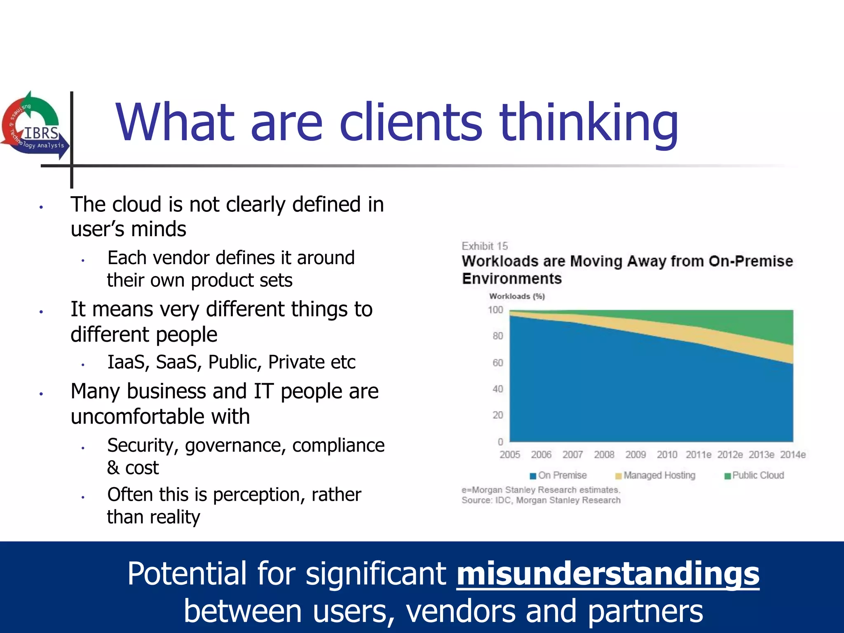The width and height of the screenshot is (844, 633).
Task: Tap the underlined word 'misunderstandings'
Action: pyautogui.click(x=607, y=574)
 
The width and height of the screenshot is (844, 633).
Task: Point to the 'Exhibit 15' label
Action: pyautogui.click(x=485, y=246)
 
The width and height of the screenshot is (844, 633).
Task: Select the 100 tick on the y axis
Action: pyautogui.click(x=495, y=310)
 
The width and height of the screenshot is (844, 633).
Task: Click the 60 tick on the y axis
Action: pyautogui.click(x=498, y=363)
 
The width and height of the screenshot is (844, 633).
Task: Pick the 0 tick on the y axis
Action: pyautogui.click(x=500, y=442)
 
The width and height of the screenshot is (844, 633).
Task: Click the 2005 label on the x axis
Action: pyautogui.click(x=510, y=455)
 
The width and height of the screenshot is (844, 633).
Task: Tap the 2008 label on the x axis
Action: pyautogui.click(x=604, y=455)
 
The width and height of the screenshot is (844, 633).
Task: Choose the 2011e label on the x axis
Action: pyautogui.click(x=699, y=455)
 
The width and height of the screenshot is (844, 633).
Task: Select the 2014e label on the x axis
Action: pyautogui.click(x=793, y=455)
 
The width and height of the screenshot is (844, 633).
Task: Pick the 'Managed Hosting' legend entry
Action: pyautogui.click(x=655, y=476)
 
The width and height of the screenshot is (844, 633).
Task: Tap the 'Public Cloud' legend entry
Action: pyautogui.click(x=754, y=476)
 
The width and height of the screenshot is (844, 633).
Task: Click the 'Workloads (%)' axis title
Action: pyautogui.click(x=517, y=296)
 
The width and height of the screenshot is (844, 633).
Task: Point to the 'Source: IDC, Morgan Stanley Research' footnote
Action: pyautogui.click(x=541, y=500)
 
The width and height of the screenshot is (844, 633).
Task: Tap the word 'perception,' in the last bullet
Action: pyautogui.click(x=267, y=495)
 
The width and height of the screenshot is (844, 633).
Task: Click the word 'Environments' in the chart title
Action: pyautogui.click(x=512, y=279)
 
